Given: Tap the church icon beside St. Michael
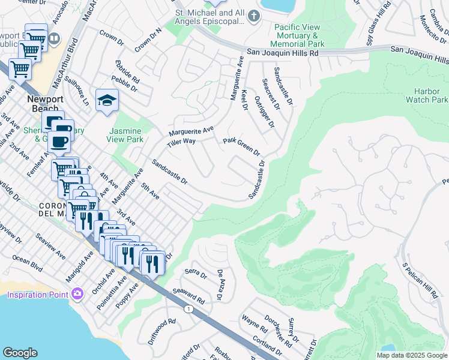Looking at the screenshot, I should click(254, 16).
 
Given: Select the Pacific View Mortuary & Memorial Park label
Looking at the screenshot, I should click(298, 36).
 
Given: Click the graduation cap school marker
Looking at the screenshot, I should click(107, 100).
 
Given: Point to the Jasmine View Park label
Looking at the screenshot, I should click(125, 135).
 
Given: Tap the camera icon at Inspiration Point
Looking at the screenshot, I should click(77, 293).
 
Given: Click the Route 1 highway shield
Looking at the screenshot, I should click(188, 308).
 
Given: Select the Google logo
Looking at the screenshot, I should click(20, 353).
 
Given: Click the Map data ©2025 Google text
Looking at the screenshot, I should click(412, 355).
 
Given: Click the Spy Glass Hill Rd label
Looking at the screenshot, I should click(379, 23).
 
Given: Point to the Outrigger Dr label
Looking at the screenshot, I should click(264, 112).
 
